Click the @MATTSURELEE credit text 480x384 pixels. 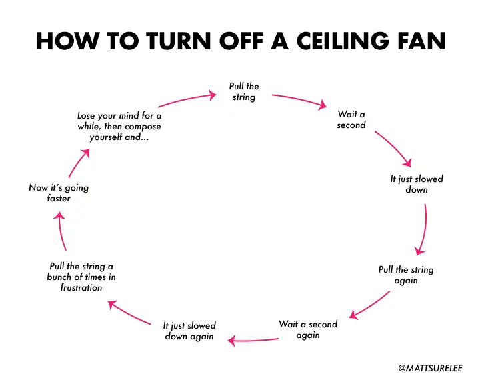point(431,368)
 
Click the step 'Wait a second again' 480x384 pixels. point(308,329)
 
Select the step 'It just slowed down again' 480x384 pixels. point(189,331)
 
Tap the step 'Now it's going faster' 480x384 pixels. point(59,193)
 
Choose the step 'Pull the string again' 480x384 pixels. point(406,275)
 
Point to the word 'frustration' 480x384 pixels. point(81,287)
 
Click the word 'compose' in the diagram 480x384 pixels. point(143,127)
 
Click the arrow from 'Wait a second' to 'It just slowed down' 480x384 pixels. point(393,149)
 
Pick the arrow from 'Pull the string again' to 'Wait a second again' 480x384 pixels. point(369,305)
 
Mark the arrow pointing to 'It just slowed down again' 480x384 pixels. point(253,340)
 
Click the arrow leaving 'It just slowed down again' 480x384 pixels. point(129,312)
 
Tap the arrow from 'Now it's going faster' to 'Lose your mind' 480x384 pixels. point(79,163)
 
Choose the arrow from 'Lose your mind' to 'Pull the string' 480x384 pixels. point(187,99)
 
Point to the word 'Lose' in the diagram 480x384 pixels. point(86,116)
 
